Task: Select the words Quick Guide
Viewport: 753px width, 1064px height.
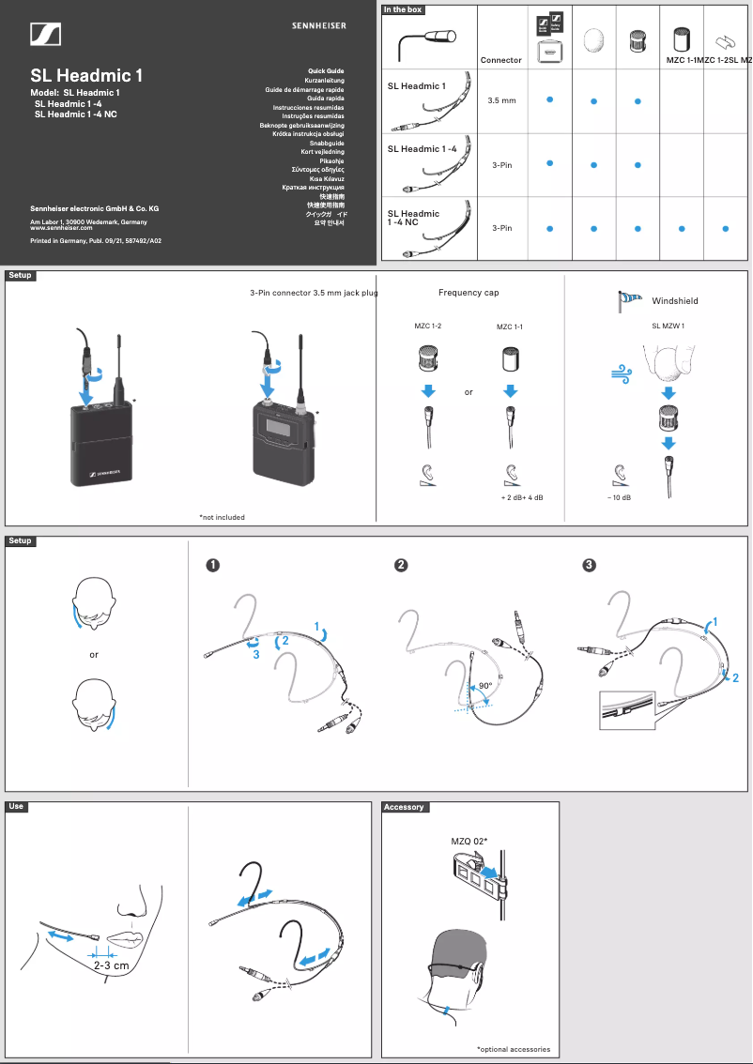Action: coord(326,71)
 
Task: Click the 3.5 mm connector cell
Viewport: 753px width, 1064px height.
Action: coord(501,99)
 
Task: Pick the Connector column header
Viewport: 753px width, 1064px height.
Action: coord(500,60)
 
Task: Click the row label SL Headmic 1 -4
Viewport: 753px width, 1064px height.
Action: coord(423,148)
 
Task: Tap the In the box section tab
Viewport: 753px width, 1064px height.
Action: coord(403,9)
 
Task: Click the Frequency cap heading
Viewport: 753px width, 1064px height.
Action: coord(469,293)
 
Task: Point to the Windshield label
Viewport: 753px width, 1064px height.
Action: coord(675,301)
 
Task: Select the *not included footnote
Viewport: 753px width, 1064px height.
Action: coord(222,517)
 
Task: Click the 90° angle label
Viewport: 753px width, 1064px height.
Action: coord(485,686)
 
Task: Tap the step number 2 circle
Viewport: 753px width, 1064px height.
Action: coord(401,565)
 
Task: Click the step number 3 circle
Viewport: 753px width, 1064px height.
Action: coord(589,565)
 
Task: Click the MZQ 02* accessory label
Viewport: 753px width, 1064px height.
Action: coord(469,842)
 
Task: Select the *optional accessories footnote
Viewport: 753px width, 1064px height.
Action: coord(513,1049)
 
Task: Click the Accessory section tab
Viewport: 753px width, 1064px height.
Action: coord(405,807)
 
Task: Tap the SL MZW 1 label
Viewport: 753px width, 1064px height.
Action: coord(668,326)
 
